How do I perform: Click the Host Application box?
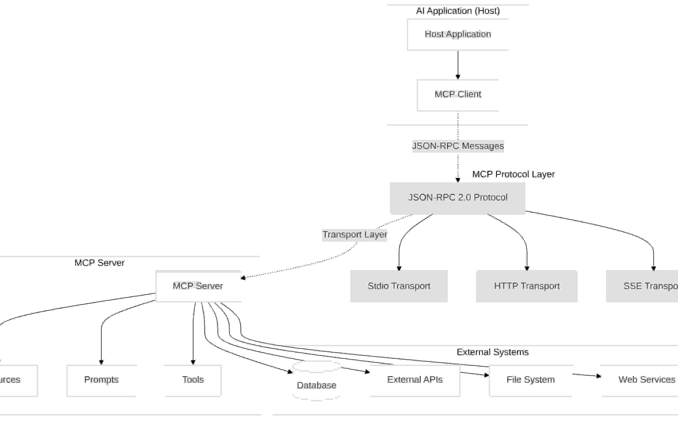tap(458, 34)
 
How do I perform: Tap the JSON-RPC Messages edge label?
tap(458, 146)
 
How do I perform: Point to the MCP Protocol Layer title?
tap(513, 174)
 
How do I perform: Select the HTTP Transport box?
tap(527, 286)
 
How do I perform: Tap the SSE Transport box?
tap(644, 286)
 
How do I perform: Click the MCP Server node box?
tap(198, 286)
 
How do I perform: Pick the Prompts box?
tap(101, 380)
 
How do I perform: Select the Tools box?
tap(193, 380)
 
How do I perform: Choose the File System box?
tap(531, 380)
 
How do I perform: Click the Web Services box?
tap(644, 380)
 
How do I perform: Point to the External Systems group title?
tap(493, 352)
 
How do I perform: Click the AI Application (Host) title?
tap(458, 11)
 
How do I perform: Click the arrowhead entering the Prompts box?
tap(101, 362)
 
